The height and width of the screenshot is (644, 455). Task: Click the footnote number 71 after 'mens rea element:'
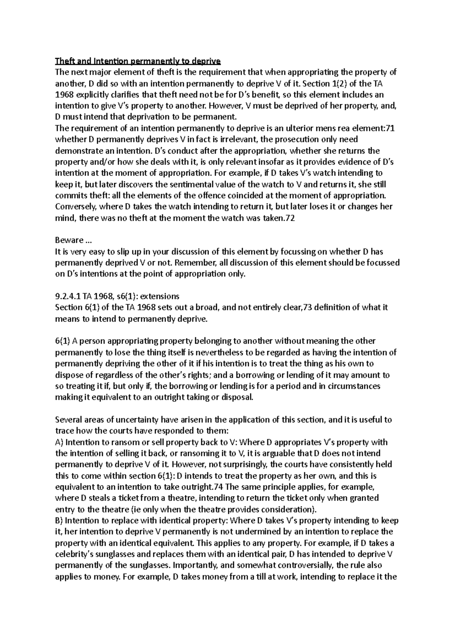click(x=389, y=128)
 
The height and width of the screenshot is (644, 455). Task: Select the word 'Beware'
click(x=69, y=240)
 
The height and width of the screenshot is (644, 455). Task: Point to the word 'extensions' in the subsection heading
click(x=161, y=296)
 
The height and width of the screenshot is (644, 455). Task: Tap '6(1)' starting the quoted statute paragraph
click(x=63, y=341)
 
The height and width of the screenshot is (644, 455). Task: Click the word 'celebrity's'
click(x=74, y=554)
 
